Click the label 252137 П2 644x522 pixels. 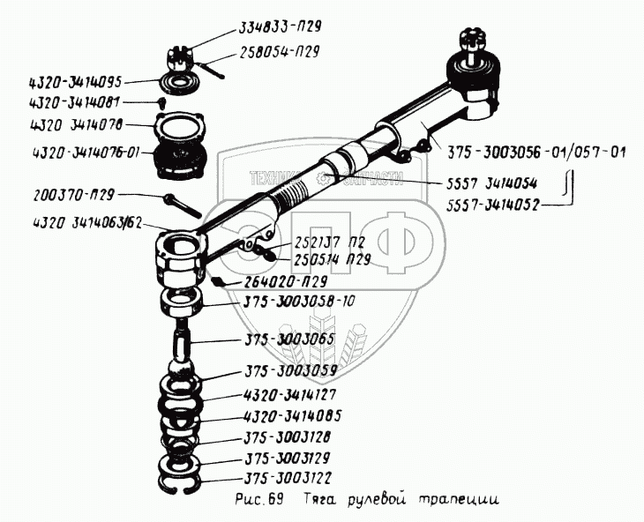point(314,246)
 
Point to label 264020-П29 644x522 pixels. point(282,283)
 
